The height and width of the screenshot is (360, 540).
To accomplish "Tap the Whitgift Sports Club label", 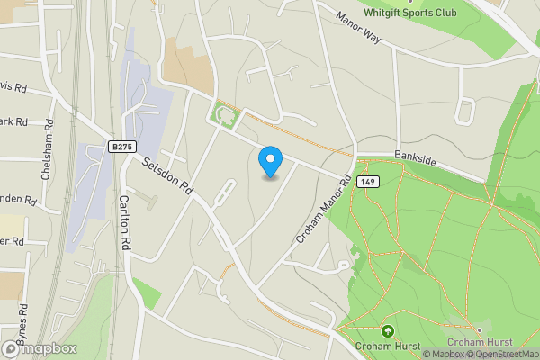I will click(x=411, y=13).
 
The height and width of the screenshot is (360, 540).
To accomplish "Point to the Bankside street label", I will click(x=416, y=159).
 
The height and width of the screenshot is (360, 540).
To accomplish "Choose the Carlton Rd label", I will click(x=125, y=222).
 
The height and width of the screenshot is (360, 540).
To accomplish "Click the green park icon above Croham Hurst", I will click(x=388, y=330).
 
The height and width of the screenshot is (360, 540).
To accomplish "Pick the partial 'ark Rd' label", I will click(x=13, y=121).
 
